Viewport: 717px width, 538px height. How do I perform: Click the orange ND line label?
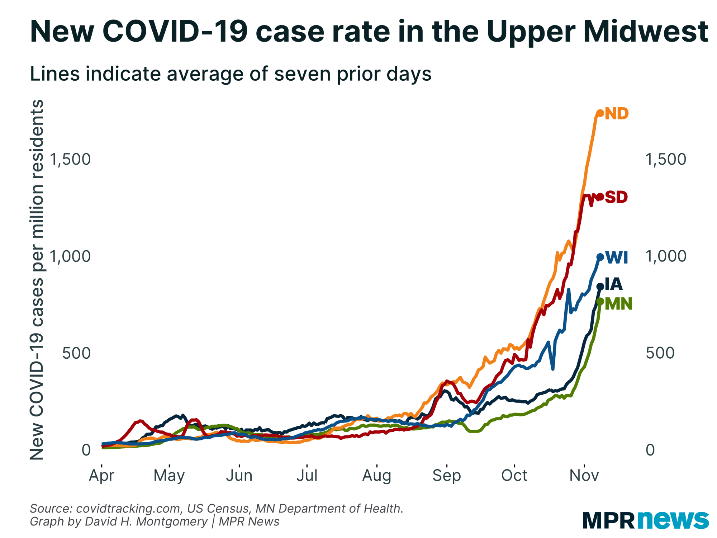[x=617, y=114]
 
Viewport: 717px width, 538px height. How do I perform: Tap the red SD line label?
[x=616, y=197]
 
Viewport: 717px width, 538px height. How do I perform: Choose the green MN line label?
[x=618, y=304]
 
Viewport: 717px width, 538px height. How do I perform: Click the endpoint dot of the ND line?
[x=600, y=113]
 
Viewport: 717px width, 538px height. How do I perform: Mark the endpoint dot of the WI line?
[x=600, y=257]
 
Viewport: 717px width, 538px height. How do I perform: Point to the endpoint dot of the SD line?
[x=600, y=197]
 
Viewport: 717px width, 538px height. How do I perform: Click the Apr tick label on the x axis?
[x=101, y=476]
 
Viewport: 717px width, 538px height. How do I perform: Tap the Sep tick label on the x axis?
[x=446, y=476]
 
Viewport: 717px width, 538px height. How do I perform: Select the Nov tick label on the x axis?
[x=584, y=476]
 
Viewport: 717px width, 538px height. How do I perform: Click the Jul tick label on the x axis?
[x=307, y=476]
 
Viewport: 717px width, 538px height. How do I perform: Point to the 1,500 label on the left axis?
[x=70, y=159]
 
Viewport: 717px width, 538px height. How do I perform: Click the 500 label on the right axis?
[x=660, y=353]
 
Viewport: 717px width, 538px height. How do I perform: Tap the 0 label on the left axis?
[x=86, y=450]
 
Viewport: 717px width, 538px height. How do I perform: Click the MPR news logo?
[x=645, y=520]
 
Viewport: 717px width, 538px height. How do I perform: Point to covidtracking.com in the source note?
[x=128, y=509]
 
